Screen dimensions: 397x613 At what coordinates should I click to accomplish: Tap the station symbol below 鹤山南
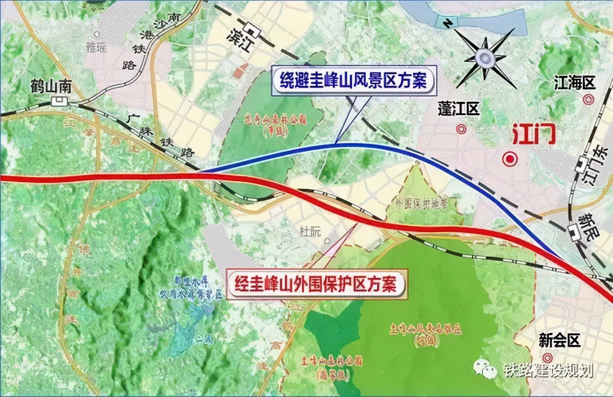point(60,101)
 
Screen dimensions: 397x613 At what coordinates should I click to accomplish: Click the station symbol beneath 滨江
point(253,33)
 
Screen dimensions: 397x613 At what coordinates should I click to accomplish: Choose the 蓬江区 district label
point(459,109)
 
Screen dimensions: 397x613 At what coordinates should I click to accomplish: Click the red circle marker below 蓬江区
point(461,129)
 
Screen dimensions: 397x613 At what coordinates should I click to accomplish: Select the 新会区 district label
point(559,341)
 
